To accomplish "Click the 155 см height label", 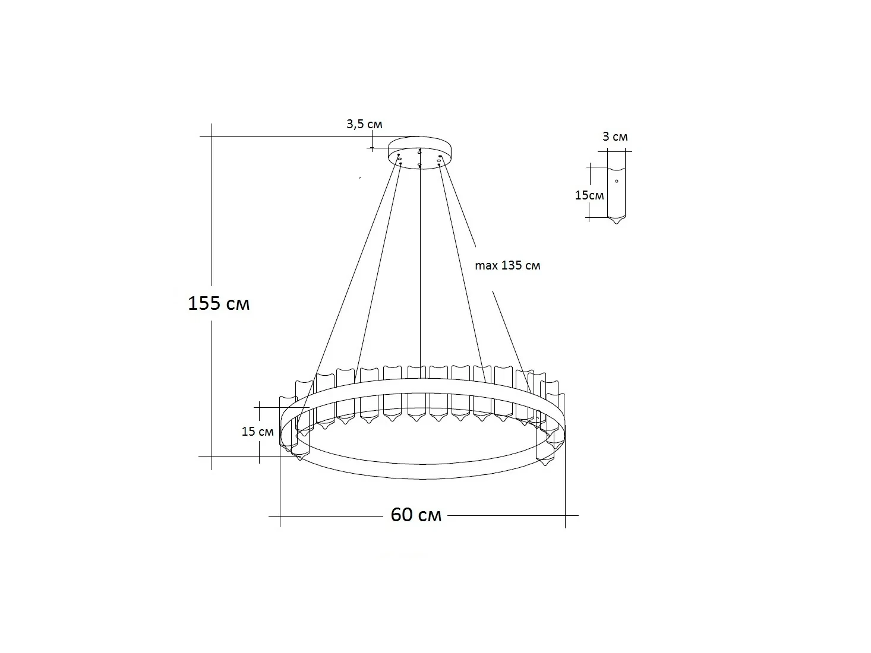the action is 219,303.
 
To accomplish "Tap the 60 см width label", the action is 416,515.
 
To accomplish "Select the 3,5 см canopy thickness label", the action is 364,124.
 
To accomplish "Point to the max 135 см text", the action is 507,265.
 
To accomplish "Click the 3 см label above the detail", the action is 615,137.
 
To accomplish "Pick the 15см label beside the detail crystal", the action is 589,195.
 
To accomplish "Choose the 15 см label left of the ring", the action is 257,432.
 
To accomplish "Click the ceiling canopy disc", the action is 419,153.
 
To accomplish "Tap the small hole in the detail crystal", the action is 617,181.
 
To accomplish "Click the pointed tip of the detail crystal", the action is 617,224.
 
